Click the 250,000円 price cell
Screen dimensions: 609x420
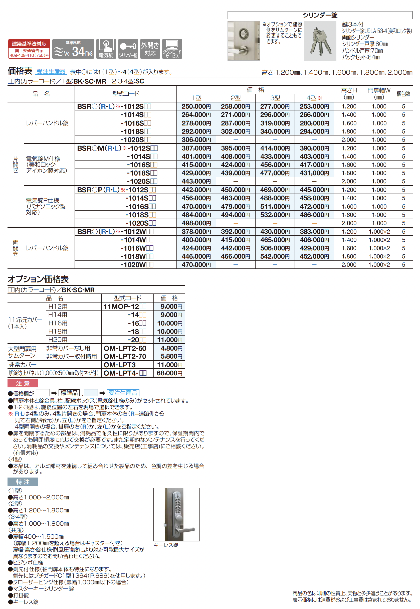[x=196, y=106]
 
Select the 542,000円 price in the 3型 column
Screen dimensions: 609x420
[x=275, y=256]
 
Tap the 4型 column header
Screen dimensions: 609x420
[x=314, y=98]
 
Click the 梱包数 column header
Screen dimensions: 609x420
[x=403, y=94]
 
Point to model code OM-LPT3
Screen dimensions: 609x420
[x=120, y=365]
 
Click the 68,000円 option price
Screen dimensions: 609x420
[x=169, y=373]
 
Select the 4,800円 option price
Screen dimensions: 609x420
[x=171, y=348]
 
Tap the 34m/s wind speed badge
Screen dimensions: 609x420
[x=73, y=49]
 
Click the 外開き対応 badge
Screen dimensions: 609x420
[x=150, y=49]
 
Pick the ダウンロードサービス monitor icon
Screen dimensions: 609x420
[x=172, y=49]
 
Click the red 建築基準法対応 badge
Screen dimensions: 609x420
[x=29, y=49]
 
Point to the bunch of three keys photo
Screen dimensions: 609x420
[x=320, y=41]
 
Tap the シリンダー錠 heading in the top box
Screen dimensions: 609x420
[x=320, y=15]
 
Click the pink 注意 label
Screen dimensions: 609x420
[x=23, y=383]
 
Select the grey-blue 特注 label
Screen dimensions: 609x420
[x=23, y=482]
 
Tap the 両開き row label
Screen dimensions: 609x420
[x=16, y=248]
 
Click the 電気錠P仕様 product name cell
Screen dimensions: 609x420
[x=46, y=206]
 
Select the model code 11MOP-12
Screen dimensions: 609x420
[x=121, y=307]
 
